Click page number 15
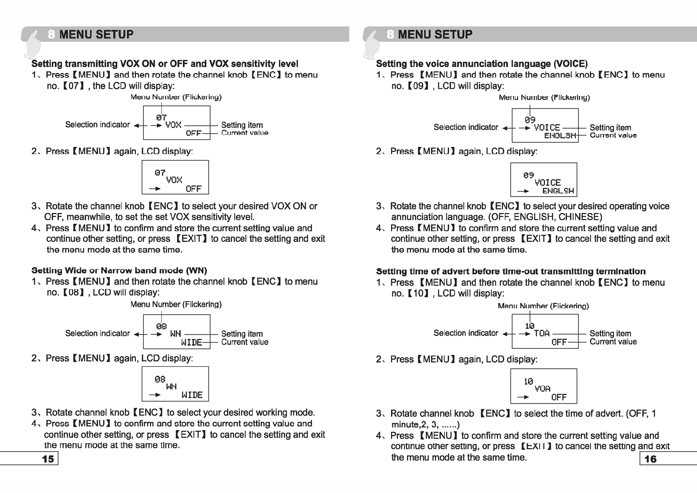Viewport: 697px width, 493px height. click(48, 459)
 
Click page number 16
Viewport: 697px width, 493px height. click(651, 459)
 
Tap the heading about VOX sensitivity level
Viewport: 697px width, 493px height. click(165, 64)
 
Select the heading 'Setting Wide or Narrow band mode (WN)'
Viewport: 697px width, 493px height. click(119, 271)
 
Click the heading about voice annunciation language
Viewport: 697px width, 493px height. click(482, 64)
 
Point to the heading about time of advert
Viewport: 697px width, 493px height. click(511, 271)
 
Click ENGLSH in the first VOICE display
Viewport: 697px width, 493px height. click(560, 135)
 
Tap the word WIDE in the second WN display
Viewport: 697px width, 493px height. click(192, 395)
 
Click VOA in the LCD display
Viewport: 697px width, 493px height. click(543, 389)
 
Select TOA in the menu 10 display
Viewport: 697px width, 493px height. click(542, 333)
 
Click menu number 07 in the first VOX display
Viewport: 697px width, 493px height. click(162, 118)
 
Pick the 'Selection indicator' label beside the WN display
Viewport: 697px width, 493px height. click(97, 333)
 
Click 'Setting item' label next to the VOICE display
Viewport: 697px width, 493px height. click(610, 128)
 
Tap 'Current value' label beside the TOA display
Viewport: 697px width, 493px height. click(613, 342)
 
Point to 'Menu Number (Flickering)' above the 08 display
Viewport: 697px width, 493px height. click(176, 304)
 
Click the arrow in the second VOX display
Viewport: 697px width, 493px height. click(155, 189)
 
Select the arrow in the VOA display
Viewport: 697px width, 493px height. click(523, 397)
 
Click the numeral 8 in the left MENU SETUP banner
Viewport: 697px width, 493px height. click(51, 34)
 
